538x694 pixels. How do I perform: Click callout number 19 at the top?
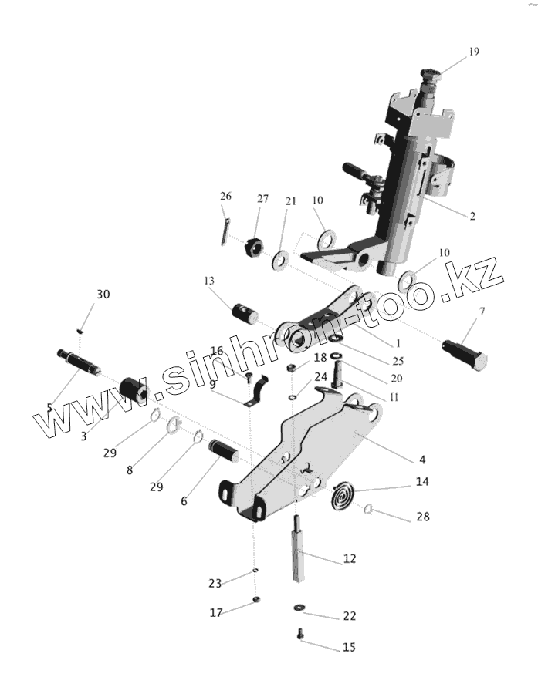pyautogui.click(x=473, y=52)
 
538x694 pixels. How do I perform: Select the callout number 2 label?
pyautogui.click(x=472, y=216)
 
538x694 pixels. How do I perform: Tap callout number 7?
pyautogui.click(x=482, y=312)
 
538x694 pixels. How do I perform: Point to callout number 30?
pyautogui.click(x=103, y=295)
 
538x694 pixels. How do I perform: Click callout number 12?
pyautogui.click(x=350, y=558)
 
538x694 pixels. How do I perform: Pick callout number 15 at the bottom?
pyautogui.click(x=349, y=648)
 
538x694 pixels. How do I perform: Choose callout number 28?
pyautogui.click(x=422, y=517)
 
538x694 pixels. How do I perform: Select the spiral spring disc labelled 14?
pyautogui.click(x=342, y=495)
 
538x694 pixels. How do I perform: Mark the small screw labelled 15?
pyautogui.click(x=300, y=635)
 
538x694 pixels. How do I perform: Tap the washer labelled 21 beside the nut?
pyautogui.click(x=279, y=259)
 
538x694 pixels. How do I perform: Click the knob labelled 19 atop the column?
pyautogui.click(x=430, y=77)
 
